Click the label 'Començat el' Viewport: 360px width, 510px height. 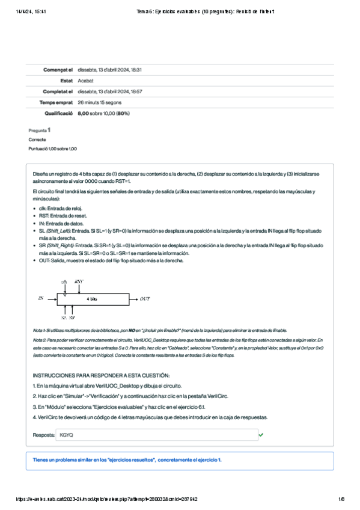pyautogui.click(x=58, y=70)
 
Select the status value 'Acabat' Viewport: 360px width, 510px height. pyautogui.click(x=85, y=81)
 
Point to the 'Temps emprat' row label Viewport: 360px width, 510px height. pyautogui.click(x=56, y=102)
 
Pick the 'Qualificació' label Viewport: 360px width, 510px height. pyautogui.click(x=58, y=113)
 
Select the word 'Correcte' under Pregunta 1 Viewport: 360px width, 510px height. pyautogui.click(x=37, y=139)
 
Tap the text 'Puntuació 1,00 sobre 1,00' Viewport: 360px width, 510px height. pyautogui.click(x=52, y=149)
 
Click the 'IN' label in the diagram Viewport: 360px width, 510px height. pyautogui.click(x=41, y=298)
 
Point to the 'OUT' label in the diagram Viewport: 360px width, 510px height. pyautogui.click(x=145, y=298)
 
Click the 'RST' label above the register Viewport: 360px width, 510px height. pyautogui.click(x=79, y=281)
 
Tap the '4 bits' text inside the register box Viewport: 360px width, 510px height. pyautogui.click(x=92, y=298)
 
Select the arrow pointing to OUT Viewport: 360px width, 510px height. pyautogui.click(x=133, y=298)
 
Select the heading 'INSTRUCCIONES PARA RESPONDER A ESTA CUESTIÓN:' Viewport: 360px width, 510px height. pyautogui.click(x=101, y=375)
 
